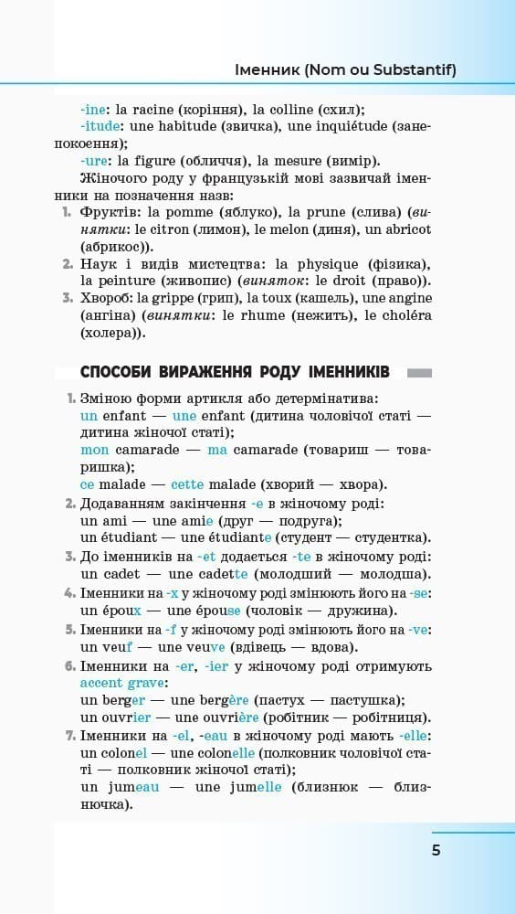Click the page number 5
click(x=436, y=850)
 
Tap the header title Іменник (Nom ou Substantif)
click(x=345, y=69)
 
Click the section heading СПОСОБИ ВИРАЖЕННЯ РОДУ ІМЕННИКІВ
click(x=235, y=372)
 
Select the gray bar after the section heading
click(x=418, y=373)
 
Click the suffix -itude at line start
click(x=98, y=126)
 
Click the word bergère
click(x=214, y=700)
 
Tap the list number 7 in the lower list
click(x=69, y=736)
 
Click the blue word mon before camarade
click(x=94, y=450)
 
